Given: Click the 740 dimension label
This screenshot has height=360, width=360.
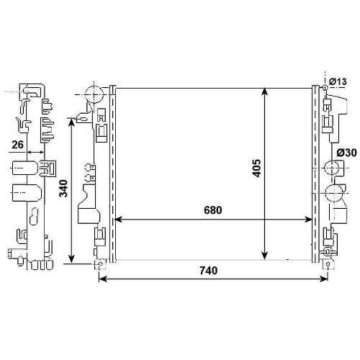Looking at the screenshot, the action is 208,271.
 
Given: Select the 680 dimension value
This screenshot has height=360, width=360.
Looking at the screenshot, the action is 213,210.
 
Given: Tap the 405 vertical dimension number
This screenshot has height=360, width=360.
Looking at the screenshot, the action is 257,168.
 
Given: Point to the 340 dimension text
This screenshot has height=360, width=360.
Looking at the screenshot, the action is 63,189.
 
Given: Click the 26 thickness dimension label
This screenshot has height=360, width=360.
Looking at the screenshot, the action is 17,145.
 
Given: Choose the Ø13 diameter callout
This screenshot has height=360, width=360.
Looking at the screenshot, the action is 338,81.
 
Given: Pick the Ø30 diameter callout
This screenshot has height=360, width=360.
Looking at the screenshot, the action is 346,153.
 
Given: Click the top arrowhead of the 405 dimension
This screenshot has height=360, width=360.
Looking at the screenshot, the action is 264,91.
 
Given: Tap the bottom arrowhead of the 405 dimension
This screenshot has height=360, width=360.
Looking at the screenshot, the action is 264,256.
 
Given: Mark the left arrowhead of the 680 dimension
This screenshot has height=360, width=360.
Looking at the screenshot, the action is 118,220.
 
